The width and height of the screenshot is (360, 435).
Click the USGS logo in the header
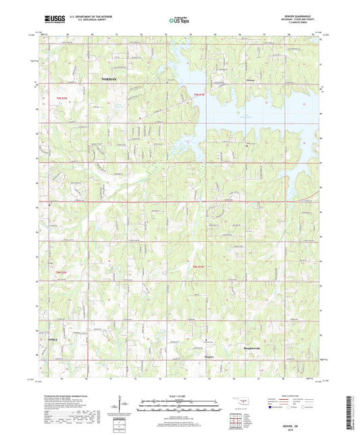coord(55,20)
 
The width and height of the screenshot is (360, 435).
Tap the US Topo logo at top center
coord(177,21)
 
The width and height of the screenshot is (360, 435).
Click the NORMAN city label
coord(109,79)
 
